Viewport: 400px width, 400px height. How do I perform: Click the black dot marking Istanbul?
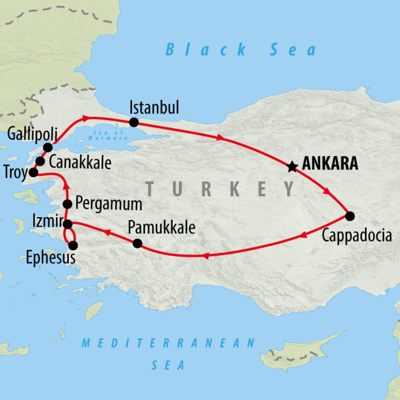134,122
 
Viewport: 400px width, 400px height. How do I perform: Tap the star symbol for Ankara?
291,167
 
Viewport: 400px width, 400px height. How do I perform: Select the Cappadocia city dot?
350,216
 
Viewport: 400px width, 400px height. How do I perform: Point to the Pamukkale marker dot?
137,243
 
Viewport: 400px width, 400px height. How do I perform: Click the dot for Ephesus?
73,245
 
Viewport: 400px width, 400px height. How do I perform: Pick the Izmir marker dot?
68,224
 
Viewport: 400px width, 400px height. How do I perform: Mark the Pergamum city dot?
68,204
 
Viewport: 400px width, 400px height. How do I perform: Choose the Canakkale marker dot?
40,161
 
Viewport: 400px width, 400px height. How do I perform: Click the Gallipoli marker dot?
48,147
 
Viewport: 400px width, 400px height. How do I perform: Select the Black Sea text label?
241,50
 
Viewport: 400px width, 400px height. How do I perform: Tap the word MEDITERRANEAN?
168,343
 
